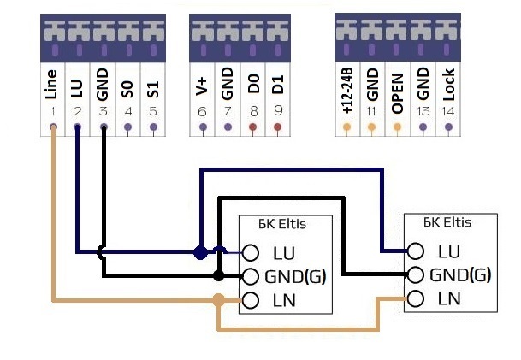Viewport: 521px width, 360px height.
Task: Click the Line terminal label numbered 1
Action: (x=52, y=86)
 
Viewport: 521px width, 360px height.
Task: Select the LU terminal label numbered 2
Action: (x=78, y=86)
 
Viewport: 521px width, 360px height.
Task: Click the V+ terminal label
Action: (x=203, y=86)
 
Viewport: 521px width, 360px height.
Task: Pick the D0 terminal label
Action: (x=252, y=86)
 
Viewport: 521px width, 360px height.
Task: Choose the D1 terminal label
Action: (x=277, y=86)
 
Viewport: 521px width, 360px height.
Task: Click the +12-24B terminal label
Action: (x=346, y=92)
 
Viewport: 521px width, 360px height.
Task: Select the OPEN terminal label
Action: (x=397, y=90)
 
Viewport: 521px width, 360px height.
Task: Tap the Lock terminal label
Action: (x=447, y=89)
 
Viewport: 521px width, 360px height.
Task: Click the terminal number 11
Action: (x=371, y=111)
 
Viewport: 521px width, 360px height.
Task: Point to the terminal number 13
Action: (x=422, y=111)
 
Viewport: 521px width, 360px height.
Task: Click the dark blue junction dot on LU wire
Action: (x=199, y=252)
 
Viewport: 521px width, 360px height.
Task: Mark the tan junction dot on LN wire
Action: (x=219, y=300)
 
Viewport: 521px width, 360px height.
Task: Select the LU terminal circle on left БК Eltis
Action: (x=250, y=253)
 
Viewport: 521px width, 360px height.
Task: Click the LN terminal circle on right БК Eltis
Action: (x=415, y=298)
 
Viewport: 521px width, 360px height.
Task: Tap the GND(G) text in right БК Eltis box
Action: (x=460, y=274)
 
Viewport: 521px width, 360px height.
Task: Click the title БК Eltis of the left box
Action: (x=282, y=226)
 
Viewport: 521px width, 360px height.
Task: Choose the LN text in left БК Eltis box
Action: (x=284, y=300)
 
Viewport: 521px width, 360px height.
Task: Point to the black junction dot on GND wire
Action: (x=219, y=276)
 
